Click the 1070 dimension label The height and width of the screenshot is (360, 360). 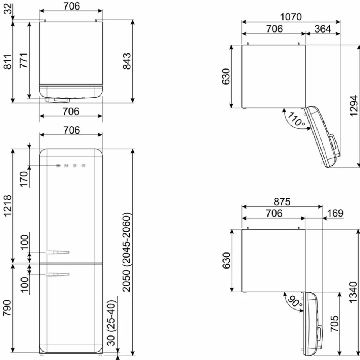click(x=290, y=17)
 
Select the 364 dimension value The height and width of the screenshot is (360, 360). click(x=323, y=29)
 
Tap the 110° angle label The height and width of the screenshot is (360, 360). click(x=296, y=119)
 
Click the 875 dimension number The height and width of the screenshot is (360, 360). click(x=282, y=202)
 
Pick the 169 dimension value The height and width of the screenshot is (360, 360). click(x=335, y=213)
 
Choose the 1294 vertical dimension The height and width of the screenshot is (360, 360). click(x=354, y=106)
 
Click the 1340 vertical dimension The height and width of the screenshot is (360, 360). click(x=353, y=292)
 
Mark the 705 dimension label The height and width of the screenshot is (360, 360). click(x=334, y=323)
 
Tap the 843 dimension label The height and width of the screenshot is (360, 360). click(x=127, y=61)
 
